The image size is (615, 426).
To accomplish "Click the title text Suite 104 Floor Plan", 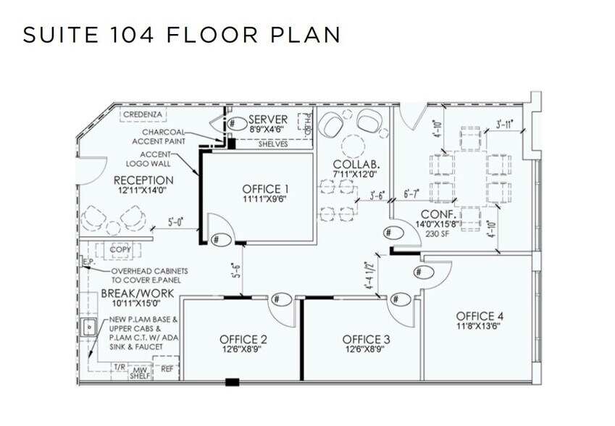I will (181, 35).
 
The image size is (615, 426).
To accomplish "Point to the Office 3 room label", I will (367, 339).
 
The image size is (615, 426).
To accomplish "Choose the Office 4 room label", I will (479, 316).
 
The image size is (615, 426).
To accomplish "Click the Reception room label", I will (143, 180).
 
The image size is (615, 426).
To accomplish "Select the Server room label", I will (268, 120).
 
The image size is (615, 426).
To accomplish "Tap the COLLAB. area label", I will (352, 165).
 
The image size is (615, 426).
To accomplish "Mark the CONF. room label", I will (438, 214).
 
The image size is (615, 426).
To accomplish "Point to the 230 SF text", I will (438, 235).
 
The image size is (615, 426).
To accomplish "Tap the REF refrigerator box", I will (167, 369).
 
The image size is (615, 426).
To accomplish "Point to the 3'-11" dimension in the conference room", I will (504, 124).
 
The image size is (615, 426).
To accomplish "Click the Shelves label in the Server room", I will (272, 144).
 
